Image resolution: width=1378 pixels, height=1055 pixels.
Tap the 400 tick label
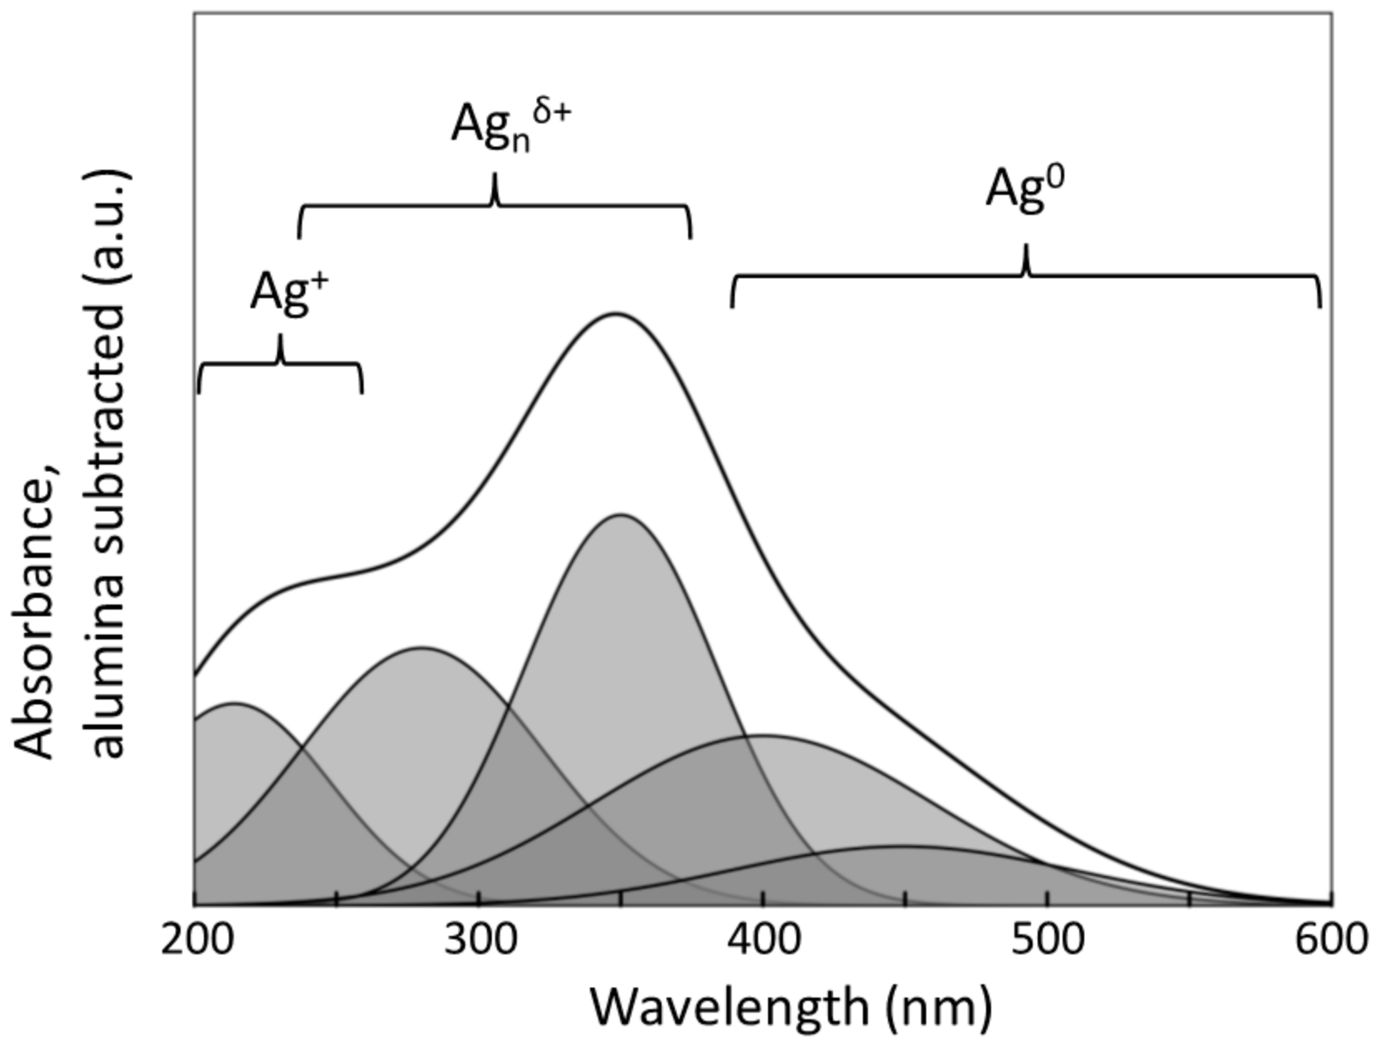point(764,939)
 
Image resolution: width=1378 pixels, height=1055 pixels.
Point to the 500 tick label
point(1047,939)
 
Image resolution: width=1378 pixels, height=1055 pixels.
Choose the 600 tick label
point(1330,939)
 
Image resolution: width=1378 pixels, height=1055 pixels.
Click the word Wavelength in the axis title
point(729,1007)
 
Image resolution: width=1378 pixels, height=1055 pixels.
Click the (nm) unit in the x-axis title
point(939,1008)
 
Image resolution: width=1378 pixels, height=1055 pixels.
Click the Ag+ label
point(289,291)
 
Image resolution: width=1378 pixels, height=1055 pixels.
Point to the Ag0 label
point(1025,188)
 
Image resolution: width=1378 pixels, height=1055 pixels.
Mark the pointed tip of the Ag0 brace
point(1026,246)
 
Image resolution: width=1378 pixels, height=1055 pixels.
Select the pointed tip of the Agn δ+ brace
point(495,174)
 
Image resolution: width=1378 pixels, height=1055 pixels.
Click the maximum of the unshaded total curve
point(614,314)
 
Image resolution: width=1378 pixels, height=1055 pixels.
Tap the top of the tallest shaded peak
point(621,515)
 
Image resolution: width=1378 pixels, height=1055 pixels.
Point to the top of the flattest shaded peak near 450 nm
point(899,846)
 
